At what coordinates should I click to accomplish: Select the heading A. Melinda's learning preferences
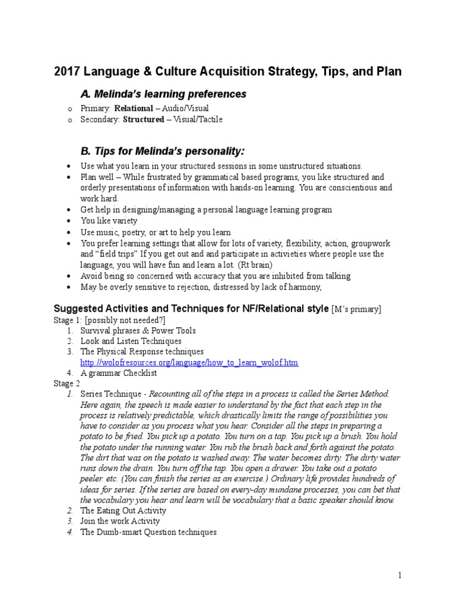tap(163, 94)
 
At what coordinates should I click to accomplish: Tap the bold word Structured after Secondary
tap(143, 119)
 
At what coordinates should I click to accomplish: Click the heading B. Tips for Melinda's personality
tap(162, 148)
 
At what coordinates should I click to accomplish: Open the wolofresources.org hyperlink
tap(189, 362)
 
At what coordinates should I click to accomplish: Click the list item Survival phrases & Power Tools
tap(138, 330)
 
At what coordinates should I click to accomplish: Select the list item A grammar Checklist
tap(118, 373)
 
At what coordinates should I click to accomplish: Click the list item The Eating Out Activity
tap(123, 511)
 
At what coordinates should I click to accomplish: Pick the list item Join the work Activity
tap(120, 521)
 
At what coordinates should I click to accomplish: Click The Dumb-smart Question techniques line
tap(148, 533)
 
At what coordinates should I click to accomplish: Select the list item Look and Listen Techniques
tap(131, 341)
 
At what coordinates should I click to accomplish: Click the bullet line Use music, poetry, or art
tap(156, 232)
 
